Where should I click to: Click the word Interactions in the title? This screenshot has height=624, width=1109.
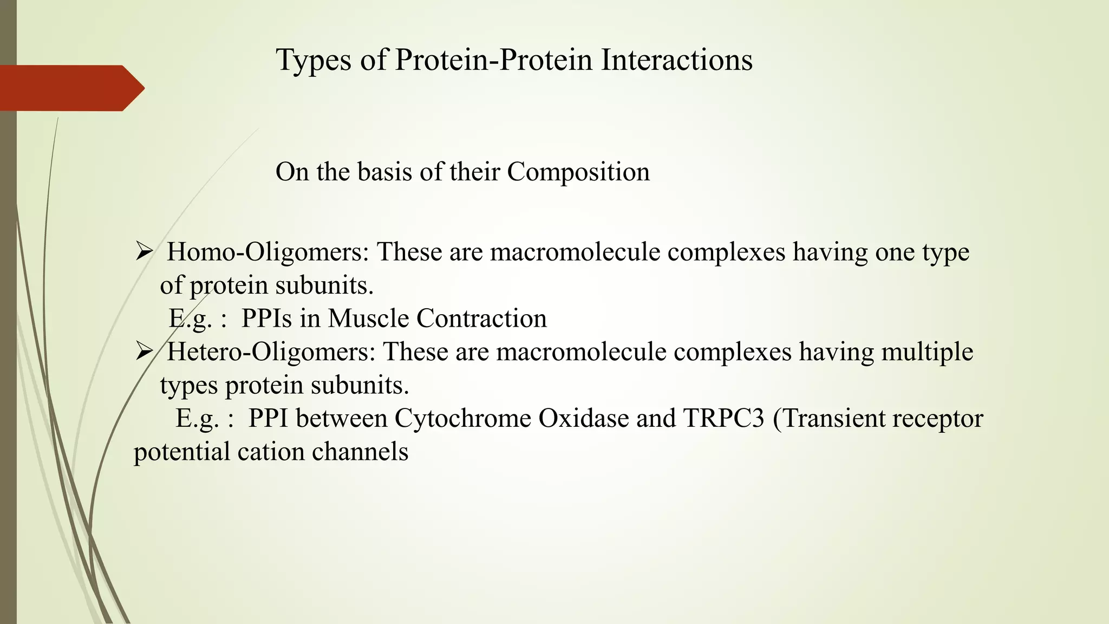pos(676,60)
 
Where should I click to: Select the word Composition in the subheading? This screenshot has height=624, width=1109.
pos(578,172)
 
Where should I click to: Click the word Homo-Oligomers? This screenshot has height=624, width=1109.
pos(268,252)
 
